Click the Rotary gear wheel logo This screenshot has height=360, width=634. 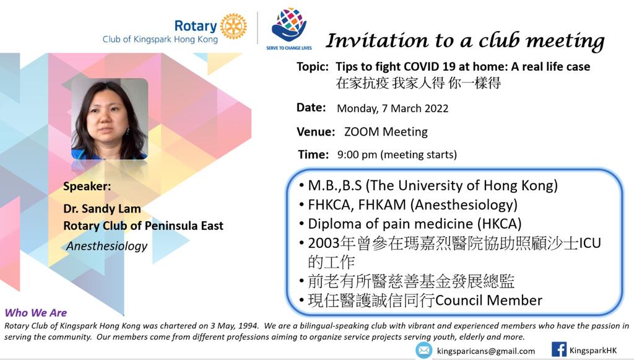233,26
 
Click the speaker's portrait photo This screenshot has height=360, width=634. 110,119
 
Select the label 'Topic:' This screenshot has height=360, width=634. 313,67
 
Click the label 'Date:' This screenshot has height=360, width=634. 311,108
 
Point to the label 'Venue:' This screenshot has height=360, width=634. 316,132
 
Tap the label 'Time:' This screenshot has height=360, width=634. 313,154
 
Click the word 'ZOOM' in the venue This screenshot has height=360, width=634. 362,132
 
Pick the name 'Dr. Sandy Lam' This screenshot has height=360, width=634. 102,209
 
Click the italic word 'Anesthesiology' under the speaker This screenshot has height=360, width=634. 107,246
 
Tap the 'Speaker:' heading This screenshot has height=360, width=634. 87,187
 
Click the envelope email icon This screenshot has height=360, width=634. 423,350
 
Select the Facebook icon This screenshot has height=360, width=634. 559,349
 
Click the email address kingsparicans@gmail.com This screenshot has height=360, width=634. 486,351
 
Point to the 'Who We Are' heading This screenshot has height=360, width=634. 36,313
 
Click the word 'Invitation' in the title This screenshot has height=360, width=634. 377,40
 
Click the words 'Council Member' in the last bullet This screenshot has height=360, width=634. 489,300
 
